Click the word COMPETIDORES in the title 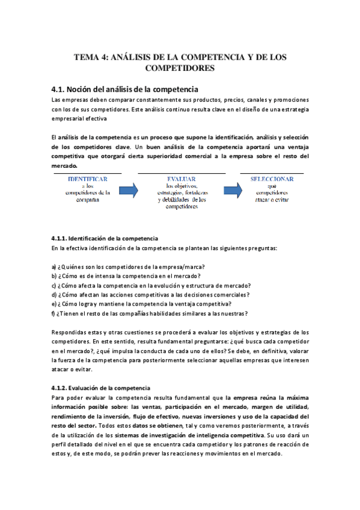click(x=180, y=69)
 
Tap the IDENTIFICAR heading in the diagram click(x=88, y=179)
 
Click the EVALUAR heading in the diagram click(x=181, y=179)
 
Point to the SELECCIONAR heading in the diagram click(x=272, y=179)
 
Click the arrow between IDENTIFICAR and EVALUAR click(x=130, y=191)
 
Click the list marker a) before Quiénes click(x=54, y=267)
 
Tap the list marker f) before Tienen click(x=53, y=313)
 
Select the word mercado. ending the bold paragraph click(x=65, y=165)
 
